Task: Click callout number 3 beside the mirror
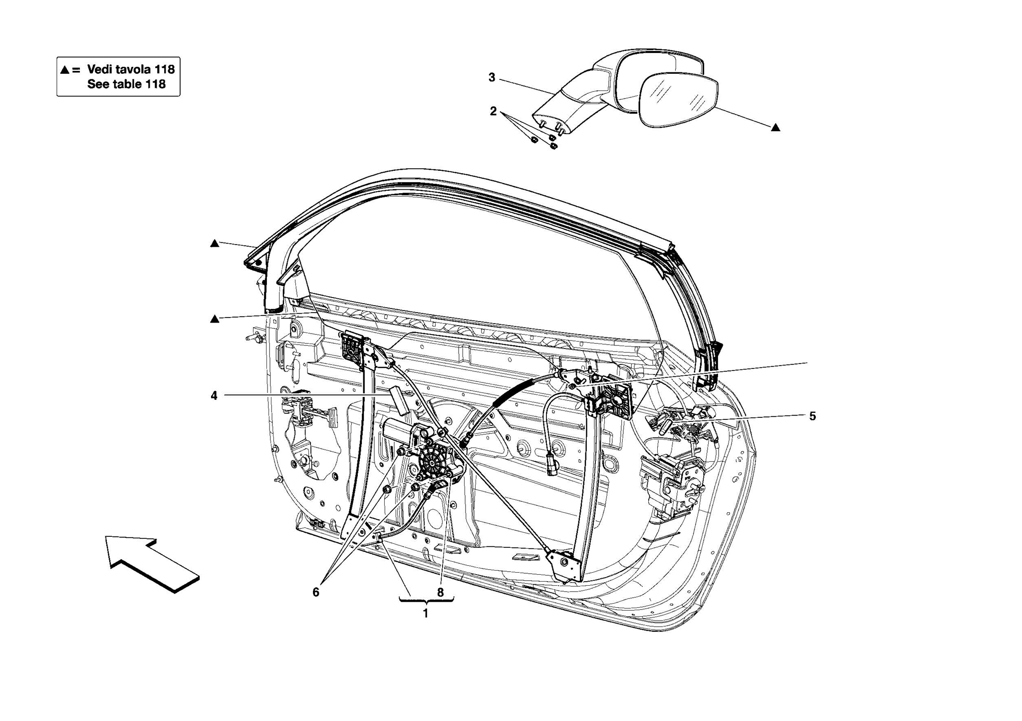492,77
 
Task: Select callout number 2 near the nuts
493,111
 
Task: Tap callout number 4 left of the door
214,396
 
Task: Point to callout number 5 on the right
812,416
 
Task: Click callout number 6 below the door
315,592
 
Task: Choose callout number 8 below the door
440,593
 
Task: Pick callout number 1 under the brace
426,614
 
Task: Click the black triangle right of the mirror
775,128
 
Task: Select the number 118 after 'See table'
155,84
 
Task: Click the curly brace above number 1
426,601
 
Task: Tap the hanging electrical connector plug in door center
552,464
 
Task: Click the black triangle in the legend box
65,70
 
